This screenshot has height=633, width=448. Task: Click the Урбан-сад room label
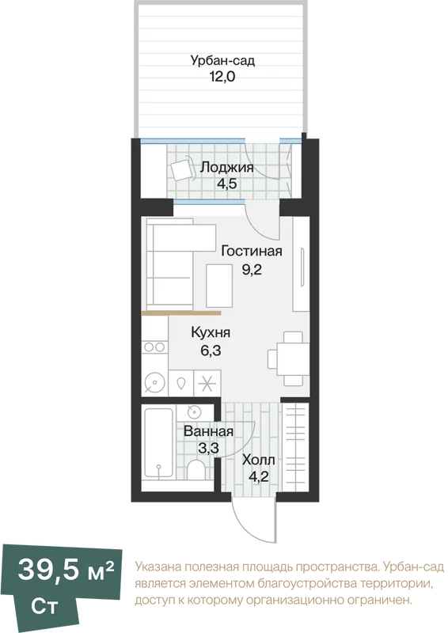tap(222, 61)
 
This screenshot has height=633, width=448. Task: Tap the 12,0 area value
tap(222, 76)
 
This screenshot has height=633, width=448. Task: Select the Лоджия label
tap(226, 167)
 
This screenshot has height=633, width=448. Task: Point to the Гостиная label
tap(251, 251)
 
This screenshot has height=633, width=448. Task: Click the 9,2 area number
tap(252, 269)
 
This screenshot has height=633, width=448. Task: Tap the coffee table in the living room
tap(219, 286)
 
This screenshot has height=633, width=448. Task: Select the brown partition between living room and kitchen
tap(181, 313)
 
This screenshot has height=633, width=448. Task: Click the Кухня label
tap(211, 332)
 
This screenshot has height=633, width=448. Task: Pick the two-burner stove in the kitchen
tap(154, 347)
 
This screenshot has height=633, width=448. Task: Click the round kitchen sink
tap(154, 382)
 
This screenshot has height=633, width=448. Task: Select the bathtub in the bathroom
tap(159, 444)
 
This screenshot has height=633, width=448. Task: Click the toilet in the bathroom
tap(196, 469)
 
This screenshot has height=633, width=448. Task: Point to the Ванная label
tap(208, 431)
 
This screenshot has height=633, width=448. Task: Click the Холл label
tap(259, 460)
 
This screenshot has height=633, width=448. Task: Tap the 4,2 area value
tap(259, 477)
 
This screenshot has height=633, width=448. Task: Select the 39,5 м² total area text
tap(66, 570)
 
